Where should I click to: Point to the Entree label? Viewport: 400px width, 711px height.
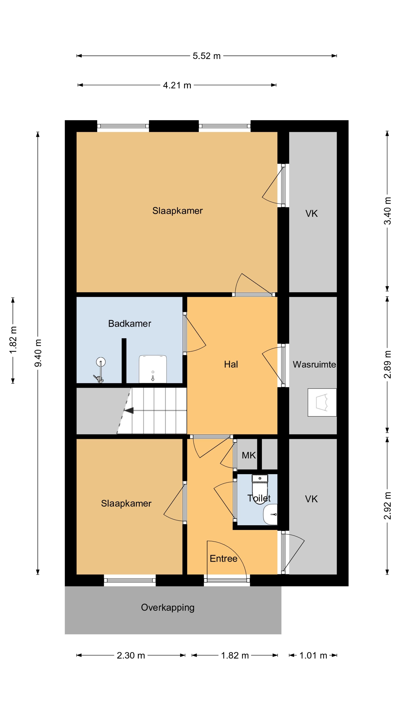(x=223, y=558)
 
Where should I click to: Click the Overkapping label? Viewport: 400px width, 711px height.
(x=168, y=608)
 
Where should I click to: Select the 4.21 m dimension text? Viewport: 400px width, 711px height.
(x=177, y=85)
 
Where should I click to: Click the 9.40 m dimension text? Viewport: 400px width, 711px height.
(x=38, y=353)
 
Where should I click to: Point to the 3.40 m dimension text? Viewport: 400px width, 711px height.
(x=388, y=211)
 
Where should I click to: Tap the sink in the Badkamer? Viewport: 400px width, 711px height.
(x=153, y=369)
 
